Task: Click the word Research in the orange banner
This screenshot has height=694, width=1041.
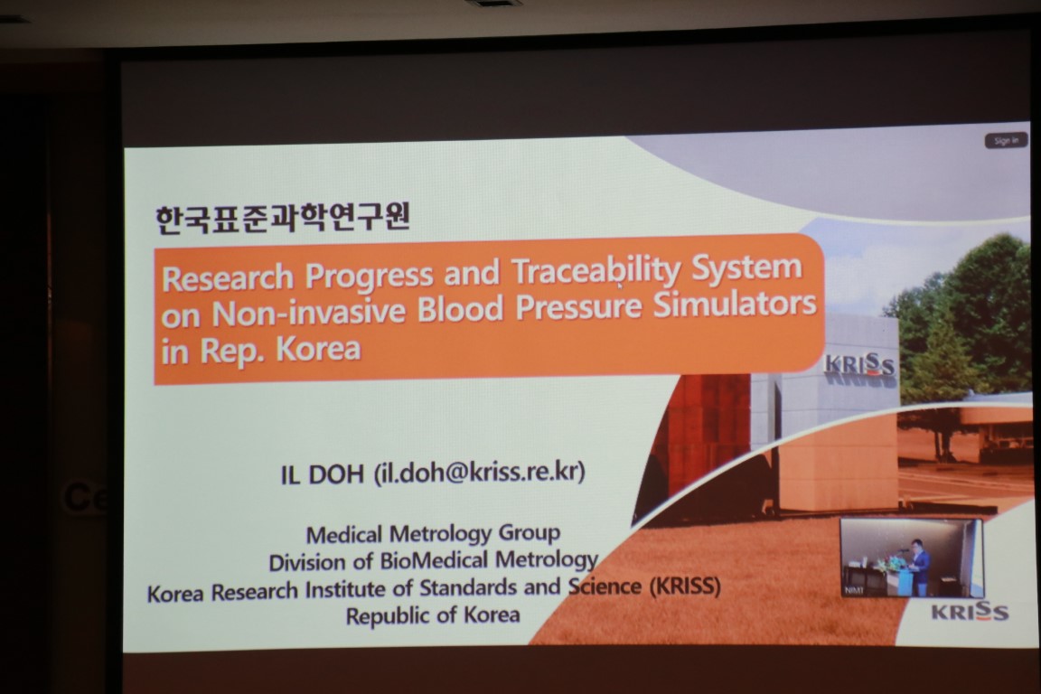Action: point(228,277)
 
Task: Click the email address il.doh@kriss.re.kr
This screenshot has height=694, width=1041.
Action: point(479,472)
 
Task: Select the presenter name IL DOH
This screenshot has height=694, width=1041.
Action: point(322,474)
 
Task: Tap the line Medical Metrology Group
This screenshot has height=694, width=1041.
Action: point(433,533)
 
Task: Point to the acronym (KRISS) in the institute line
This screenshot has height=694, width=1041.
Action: point(684,586)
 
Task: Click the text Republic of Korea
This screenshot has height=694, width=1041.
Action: point(432,615)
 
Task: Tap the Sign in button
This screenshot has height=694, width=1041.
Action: point(1006,141)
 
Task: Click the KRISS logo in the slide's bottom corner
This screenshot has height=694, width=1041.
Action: point(970,612)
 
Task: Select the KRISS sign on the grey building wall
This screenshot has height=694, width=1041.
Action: point(859,366)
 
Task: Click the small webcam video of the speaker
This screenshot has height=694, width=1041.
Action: point(912,558)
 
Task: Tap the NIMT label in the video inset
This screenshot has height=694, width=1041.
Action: point(854,590)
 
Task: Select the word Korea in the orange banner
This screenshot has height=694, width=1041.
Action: point(318,349)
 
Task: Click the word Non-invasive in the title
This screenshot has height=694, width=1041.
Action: point(308,312)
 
